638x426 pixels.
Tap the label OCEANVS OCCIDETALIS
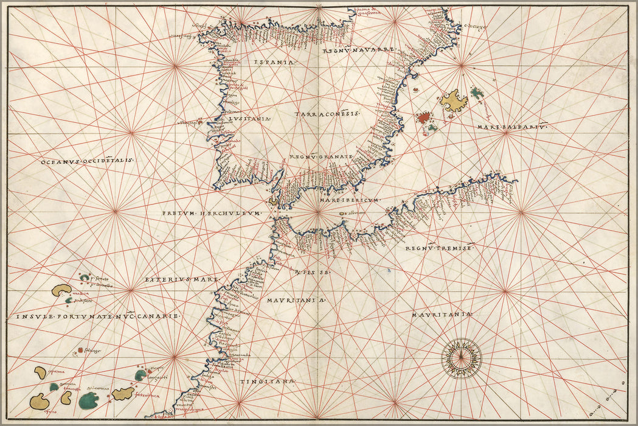[x=87, y=161]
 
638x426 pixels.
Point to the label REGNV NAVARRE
[x=359, y=51]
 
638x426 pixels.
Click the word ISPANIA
[x=272, y=62]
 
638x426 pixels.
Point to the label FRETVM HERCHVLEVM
[x=211, y=213]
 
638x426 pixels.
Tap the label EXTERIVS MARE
[x=181, y=279]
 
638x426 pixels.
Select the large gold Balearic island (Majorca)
[x=454, y=100]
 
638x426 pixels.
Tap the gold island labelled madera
[x=61, y=290]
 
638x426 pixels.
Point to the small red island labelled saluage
[x=80, y=350]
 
